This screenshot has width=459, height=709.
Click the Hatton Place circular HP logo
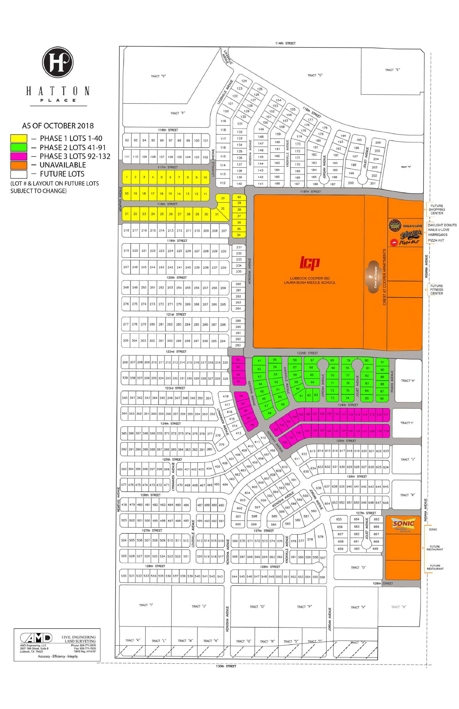tap(58, 62)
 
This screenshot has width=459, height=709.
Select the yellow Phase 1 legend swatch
tap(19, 139)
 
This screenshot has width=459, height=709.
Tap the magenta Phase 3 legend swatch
tap(19, 156)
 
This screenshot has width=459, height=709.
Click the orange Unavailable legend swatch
tap(19, 165)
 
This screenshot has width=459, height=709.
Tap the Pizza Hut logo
tap(405, 242)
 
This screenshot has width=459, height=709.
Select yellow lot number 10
tap(205, 178)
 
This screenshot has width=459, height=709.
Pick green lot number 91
tap(382, 362)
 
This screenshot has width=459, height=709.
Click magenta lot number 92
tap(238, 360)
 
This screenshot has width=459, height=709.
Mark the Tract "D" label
tap(158, 76)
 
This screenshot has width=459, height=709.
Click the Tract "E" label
tap(392, 70)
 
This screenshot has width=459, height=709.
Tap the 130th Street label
tap(226, 666)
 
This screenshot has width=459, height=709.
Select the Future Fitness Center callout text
tap(436, 289)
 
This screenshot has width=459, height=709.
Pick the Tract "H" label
tap(408, 381)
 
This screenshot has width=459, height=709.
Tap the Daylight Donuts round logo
tap(395, 225)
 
